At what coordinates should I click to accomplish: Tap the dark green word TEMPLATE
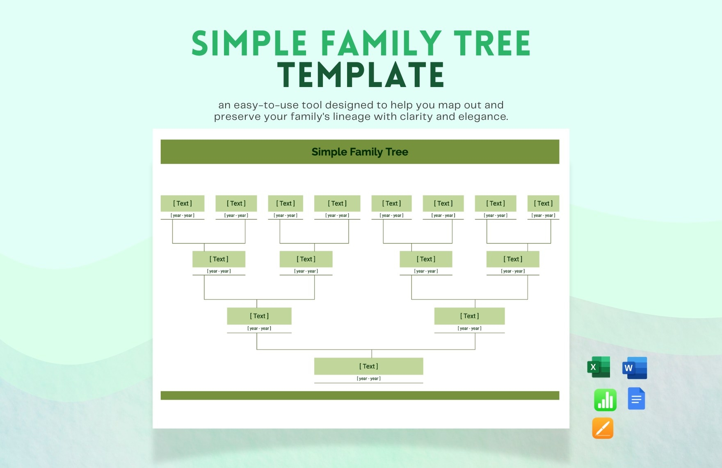pos(361,75)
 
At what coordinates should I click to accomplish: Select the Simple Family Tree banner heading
pos(360,152)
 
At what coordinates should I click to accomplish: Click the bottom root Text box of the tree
pos(368,366)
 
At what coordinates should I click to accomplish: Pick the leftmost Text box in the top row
pos(183,203)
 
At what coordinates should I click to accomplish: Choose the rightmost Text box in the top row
pos(543,203)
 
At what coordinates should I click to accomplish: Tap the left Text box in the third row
pos(259,316)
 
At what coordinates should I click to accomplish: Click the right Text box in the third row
pos(469,316)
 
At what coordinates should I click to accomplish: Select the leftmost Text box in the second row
pos(219,259)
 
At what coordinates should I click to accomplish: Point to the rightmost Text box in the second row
pos(513,259)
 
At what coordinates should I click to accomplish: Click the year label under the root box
pos(368,379)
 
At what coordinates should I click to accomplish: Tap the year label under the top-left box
pos(183,216)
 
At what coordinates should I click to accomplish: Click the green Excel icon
pos(599,367)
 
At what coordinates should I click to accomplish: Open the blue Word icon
pos(635,368)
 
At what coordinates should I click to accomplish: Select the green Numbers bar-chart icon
pos(605,400)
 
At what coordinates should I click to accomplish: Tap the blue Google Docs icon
pos(636,399)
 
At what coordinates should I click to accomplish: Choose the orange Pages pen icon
pos(603,428)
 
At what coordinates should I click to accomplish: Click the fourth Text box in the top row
pos(337,203)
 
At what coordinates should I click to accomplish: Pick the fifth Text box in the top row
pos(391,203)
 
